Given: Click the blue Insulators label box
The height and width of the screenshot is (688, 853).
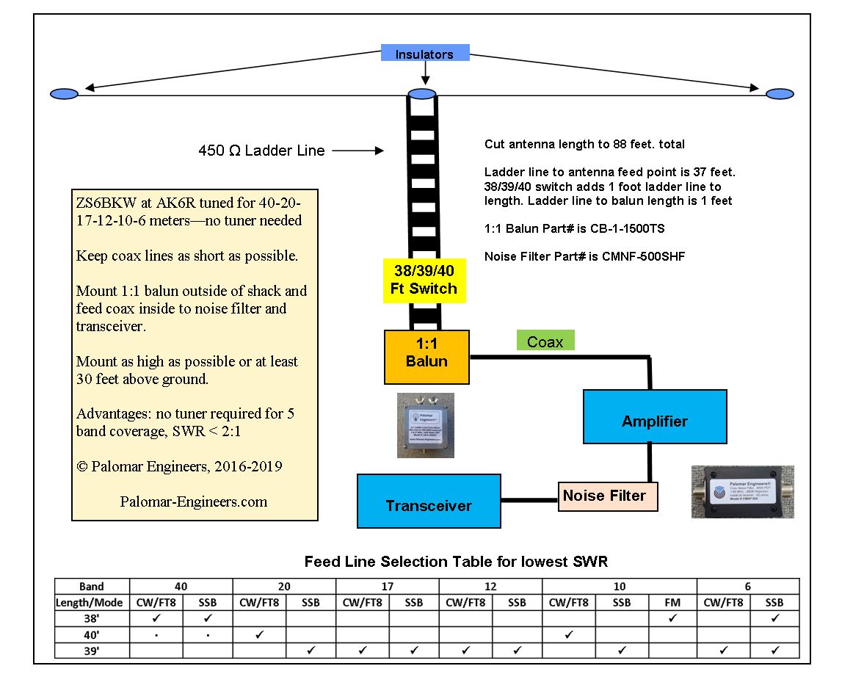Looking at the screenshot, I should tap(424, 54).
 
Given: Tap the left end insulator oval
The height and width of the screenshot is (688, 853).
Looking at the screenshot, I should tap(65, 93).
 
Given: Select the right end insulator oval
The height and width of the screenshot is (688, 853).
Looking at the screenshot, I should tap(780, 93).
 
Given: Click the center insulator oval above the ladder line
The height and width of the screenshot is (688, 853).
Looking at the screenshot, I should tap(422, 93).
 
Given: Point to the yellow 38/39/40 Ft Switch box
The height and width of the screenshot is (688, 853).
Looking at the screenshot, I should tap(424, 280).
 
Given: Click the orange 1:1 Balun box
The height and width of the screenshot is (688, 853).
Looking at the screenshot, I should tap(426, 356).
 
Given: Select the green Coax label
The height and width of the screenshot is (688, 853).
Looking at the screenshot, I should tap(545, 341).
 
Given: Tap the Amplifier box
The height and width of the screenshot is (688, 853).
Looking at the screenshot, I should tap(654, 421).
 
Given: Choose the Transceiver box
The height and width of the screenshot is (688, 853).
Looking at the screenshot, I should tap(429, 505).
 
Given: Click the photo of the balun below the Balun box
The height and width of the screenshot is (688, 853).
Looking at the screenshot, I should tap(425, 425).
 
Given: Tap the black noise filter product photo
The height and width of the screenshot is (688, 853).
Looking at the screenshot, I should tap(743, 491).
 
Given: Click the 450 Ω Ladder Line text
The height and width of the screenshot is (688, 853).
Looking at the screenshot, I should tap(261, 151).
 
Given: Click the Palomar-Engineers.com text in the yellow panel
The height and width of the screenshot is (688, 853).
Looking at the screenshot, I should tap(193, 502).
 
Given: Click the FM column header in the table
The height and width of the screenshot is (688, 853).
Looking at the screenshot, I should tap(672, 602).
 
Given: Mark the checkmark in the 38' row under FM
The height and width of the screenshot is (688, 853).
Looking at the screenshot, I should tap(672, 618).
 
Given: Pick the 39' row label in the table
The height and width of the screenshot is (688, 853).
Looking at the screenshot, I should tap(92, 650).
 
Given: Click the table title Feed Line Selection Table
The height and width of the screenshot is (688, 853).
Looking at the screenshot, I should tap(455, 562).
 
